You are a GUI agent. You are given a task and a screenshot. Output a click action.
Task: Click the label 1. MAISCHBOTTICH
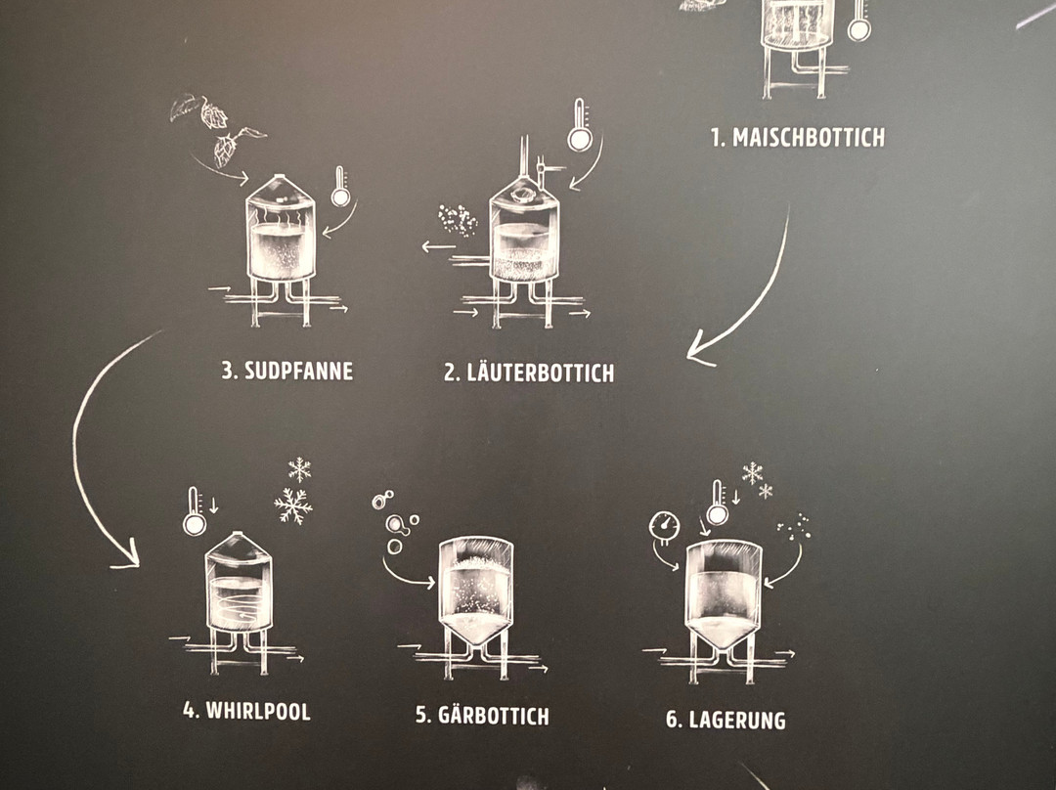[x=798, y=138]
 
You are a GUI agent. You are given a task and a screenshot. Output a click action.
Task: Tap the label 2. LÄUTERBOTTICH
[x=529, y=373]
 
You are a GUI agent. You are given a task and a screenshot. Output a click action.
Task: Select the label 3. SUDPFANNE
[x=286, y=371]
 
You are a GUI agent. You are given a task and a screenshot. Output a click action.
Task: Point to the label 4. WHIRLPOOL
[x=246, y=711]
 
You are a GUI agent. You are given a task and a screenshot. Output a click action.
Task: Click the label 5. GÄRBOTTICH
[x=481, y=715]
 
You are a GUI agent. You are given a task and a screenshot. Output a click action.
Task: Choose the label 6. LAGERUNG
[x=726, y=720]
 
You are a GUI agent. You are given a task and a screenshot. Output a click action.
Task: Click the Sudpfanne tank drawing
[x=281, y=249]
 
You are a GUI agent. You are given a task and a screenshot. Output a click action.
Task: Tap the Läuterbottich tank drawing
[x=523, y=249]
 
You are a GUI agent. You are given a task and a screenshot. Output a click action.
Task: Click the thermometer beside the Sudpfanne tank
[x=340, y=187]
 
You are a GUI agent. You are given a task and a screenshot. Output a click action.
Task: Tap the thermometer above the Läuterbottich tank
[x=579, y=125]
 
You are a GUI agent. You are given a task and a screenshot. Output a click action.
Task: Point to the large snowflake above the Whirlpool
[x=293, y=505]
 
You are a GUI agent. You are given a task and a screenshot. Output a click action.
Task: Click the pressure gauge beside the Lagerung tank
[x=664, y=526]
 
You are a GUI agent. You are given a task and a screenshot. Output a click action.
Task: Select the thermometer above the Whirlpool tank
[x=194, y=512]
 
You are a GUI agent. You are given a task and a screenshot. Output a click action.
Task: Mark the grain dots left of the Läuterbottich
[x=458, y=220]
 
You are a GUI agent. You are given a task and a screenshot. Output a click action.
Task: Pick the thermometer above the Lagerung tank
[x=718, y=503]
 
